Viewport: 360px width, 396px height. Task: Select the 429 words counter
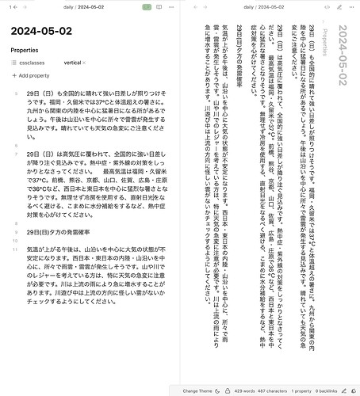click(x=252, y=391)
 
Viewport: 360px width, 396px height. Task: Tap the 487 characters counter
click(x=285, y=391)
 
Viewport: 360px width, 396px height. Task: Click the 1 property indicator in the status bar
click(x=316, y=391)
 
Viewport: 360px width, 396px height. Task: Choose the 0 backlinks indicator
click(x=343, y=391)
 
